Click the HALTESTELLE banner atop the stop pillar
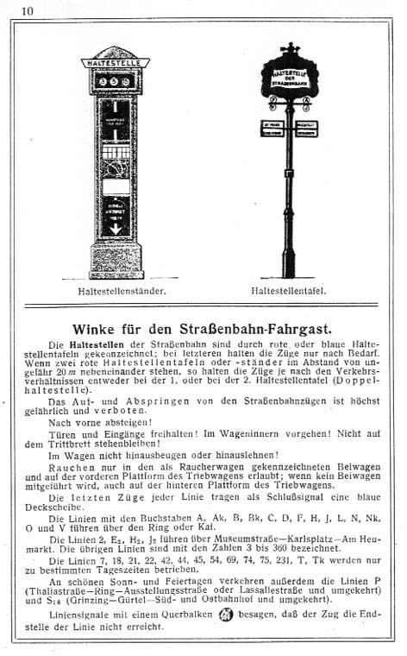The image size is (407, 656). click(116, 63)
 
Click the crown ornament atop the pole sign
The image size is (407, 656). click(290, 47)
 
